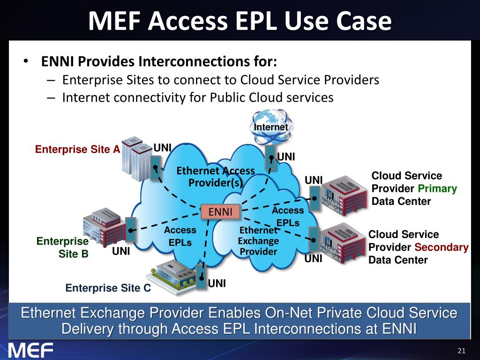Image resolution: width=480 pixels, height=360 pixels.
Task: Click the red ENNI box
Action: click(x=220, y=212)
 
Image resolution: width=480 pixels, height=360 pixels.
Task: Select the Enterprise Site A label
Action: click(x=78, y=150)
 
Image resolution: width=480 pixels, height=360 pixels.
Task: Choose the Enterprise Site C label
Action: click(x=108, y=288)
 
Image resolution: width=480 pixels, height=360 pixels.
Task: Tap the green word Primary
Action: click(x=437, y=188)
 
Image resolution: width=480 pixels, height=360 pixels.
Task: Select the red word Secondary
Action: click(x=441, y=247)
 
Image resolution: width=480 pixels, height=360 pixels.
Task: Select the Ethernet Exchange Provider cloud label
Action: click(x=258, y=241)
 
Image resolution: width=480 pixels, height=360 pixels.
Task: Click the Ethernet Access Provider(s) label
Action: click(x=215, y=177)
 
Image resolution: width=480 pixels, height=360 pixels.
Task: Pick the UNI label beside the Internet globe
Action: click(x=285, y=157)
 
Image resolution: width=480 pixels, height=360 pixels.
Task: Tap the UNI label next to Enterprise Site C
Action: click(x=217, y=283)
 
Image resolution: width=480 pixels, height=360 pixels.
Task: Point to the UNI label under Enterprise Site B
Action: click(x=121, y=251)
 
